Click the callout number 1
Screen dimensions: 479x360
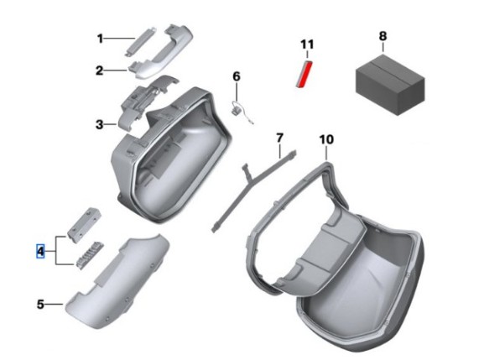100,39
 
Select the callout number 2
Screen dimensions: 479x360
100,70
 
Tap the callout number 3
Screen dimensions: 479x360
100,125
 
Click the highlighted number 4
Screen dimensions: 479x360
40,252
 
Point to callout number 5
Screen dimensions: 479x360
40,305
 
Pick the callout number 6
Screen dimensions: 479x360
237,76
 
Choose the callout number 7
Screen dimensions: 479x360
279,138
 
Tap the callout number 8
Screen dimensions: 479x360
383,36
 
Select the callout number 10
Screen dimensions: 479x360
326,139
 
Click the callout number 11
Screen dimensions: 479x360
307,44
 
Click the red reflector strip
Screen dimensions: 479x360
305,74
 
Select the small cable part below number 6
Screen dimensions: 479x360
239,111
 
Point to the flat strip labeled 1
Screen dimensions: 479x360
140,41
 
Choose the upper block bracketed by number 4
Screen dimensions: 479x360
84,225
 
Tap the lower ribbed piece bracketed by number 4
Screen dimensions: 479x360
90,256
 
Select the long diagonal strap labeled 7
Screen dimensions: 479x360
253,190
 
